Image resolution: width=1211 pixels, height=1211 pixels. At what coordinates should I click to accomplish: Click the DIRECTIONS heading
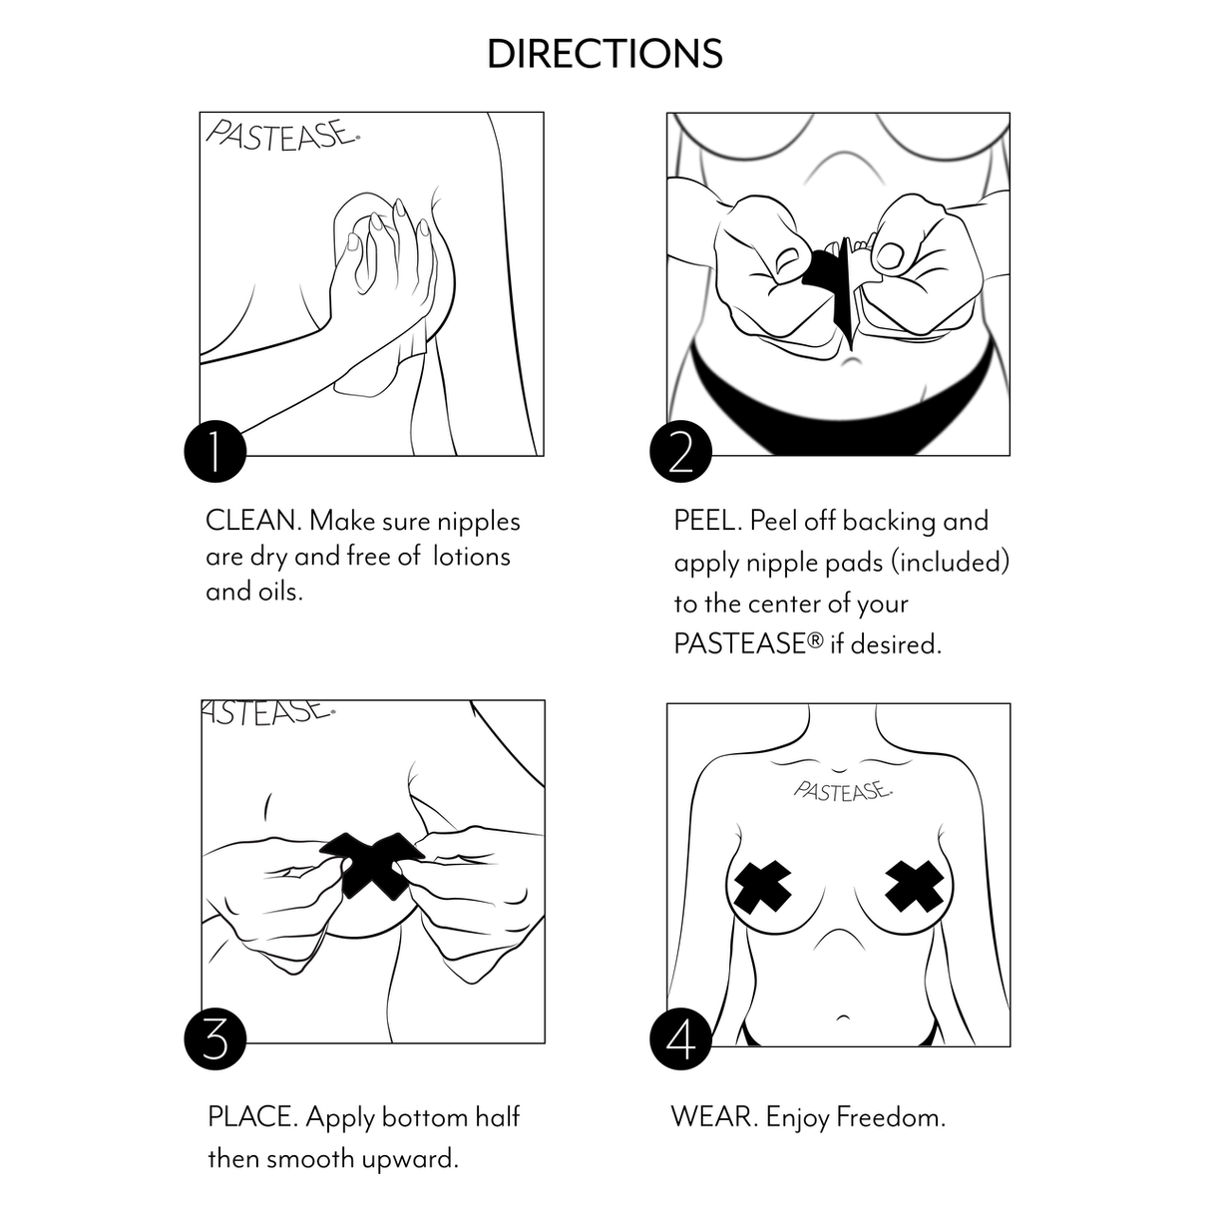tap(605, 54)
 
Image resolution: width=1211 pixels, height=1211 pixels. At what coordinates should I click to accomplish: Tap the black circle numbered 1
tap(214, 451)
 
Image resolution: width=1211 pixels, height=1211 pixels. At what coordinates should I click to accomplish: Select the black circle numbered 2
tap(680, 451)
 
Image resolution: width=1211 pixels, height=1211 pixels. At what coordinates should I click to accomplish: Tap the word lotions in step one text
tap(471, 557)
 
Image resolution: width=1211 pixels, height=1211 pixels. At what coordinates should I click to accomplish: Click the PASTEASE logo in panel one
tap(282, 136)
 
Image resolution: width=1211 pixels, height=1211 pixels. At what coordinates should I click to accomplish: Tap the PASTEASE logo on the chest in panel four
tap(842, 791)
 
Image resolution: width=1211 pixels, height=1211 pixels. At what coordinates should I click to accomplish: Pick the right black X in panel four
tap(915, 887)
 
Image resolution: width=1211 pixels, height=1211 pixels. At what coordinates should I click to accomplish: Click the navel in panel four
tap(843, 1016)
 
